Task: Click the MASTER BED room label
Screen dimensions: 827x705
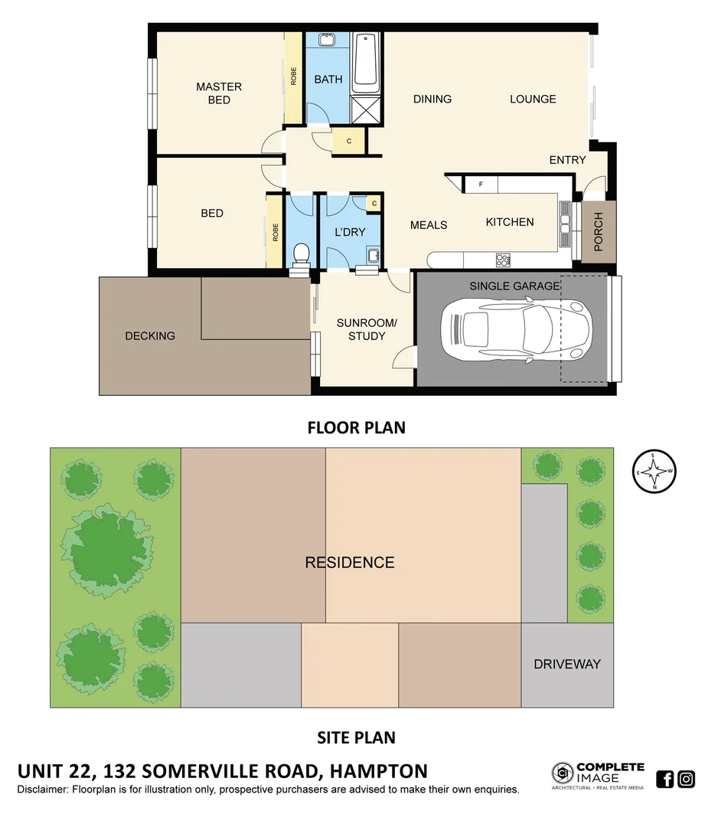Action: tap(218, 93)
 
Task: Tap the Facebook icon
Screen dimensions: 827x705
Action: tap(665, 779)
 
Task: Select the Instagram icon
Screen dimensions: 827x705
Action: tap(687, 779)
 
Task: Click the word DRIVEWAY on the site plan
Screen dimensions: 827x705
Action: tap(567, 664)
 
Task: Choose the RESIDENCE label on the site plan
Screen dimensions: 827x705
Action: tap(350, 563)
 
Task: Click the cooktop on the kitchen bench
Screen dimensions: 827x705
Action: tap(503, 260)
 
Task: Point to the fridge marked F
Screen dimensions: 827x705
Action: tap(481, 185)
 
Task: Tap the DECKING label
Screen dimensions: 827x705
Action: tap(150, 335)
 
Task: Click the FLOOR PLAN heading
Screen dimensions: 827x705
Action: tap(356, 427)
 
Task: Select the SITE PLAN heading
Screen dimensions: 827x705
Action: tap(356, 737)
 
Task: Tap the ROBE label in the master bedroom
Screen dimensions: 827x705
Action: tap(293, 77)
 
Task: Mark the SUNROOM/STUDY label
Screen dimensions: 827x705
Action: tap(367, 329)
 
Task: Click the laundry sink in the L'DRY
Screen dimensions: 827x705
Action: tap(373, 256)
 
